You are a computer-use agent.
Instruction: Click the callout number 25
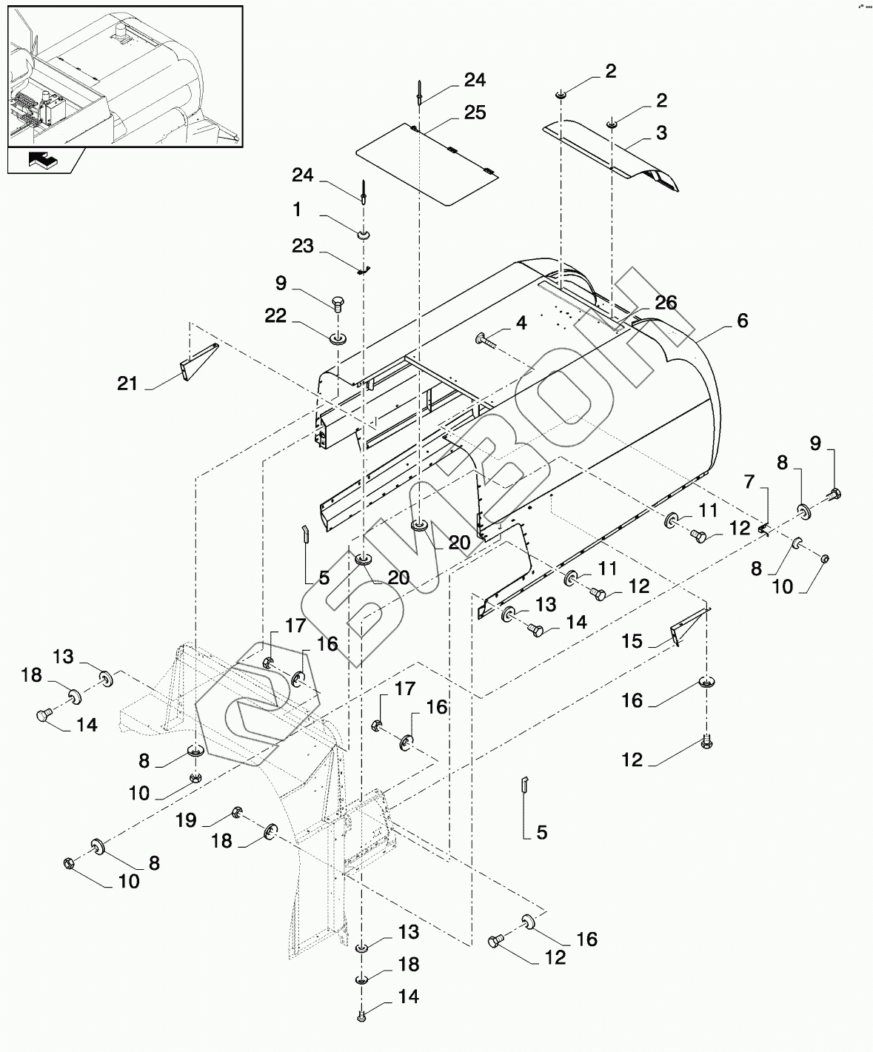click(475, 113)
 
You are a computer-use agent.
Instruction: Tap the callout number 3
click(661, 133)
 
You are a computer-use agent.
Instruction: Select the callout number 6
click(743, 321)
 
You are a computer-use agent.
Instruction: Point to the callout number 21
click(127, 383)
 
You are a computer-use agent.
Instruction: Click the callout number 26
click(666, 302)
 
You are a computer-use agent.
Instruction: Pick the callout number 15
click(632, 641)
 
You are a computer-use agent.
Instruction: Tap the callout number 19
click(186, 820)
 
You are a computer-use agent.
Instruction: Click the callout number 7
click(749, 482)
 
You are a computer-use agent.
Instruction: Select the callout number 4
click(521, 323)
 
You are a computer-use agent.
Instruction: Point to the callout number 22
click(275, 316)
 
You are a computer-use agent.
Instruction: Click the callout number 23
click(302, 246)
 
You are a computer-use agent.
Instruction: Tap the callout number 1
click(298, 210)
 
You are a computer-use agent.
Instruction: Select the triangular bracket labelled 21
click(199, 362)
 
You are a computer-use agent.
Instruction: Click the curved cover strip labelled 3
click(611, 155)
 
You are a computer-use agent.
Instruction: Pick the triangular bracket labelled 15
click(689, 626)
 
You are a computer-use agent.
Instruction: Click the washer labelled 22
click(338, 337)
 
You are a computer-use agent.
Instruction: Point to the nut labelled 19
click(236, 811)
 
